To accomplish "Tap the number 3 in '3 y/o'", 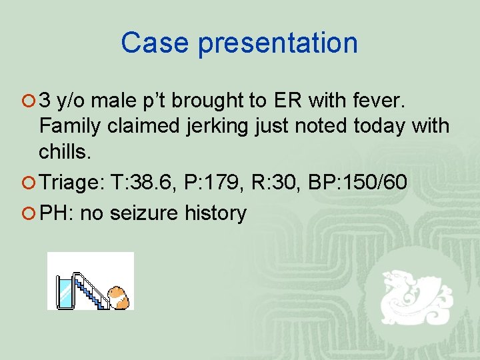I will (x=45, y=101).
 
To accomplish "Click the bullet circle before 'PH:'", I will (x=29, y=213).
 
